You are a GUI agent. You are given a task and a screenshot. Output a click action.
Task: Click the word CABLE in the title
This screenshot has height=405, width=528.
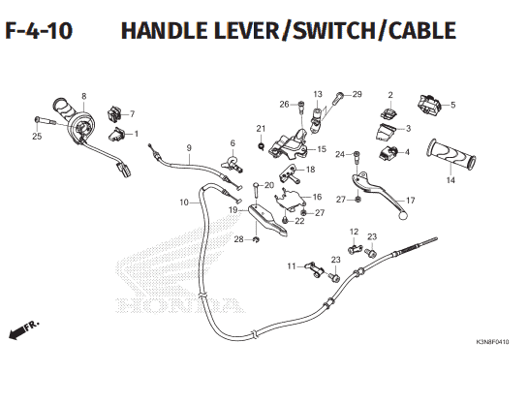click(x=422, y=30)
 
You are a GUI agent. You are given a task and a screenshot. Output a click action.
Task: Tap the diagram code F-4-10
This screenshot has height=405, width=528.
click(x=39, y=30)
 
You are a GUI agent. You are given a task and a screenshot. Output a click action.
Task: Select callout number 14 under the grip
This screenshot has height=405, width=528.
click(x=450, y=180)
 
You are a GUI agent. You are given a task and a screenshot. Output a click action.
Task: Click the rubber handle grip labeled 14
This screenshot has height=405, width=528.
click(x=451, y=154)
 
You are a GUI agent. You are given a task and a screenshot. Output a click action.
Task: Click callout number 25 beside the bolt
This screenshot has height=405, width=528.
click(x=37, y=137)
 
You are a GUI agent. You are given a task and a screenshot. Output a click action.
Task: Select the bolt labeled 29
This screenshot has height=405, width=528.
click(x=339, y=97)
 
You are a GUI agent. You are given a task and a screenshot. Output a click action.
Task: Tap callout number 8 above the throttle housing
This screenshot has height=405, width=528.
click(x=84, y=96)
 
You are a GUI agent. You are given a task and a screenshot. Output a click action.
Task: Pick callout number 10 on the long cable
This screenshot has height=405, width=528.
click(x=184, y=202)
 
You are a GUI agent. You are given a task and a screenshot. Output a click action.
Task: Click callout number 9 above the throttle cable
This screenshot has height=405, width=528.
click(x=189, y=148)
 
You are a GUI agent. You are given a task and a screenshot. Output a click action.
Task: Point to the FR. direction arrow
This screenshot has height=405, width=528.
click(x=23, y=330)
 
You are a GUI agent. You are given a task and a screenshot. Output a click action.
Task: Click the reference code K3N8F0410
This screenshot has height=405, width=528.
click(x=492, y=342)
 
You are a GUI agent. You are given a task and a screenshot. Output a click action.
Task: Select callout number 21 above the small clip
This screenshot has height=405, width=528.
click(x=261, y=129)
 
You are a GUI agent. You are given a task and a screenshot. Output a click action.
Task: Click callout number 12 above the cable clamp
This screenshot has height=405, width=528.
click(x=354, y=232)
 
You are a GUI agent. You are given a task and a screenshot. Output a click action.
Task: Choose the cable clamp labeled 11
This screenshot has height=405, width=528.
click(x=314, y=270)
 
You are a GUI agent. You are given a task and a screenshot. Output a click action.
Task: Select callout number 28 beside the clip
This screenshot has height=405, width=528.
click(x=238, y=239)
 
